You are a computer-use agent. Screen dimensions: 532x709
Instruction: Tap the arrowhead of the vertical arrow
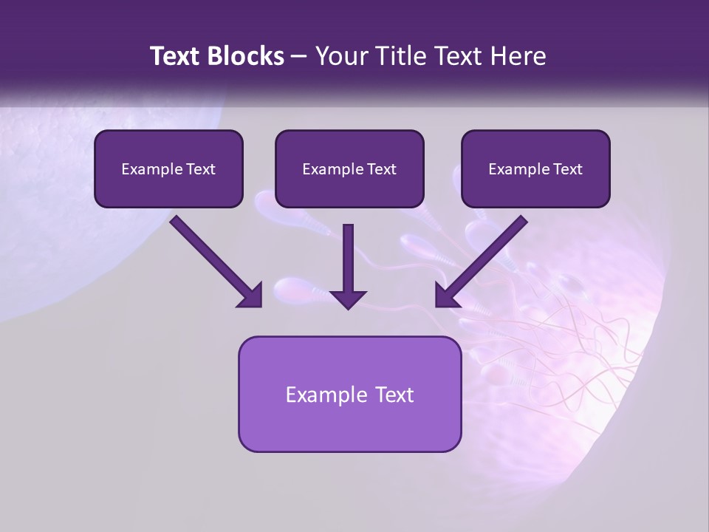(x=348, y=299)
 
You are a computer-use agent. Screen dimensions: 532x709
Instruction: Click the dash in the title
(x=299, y=57)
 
